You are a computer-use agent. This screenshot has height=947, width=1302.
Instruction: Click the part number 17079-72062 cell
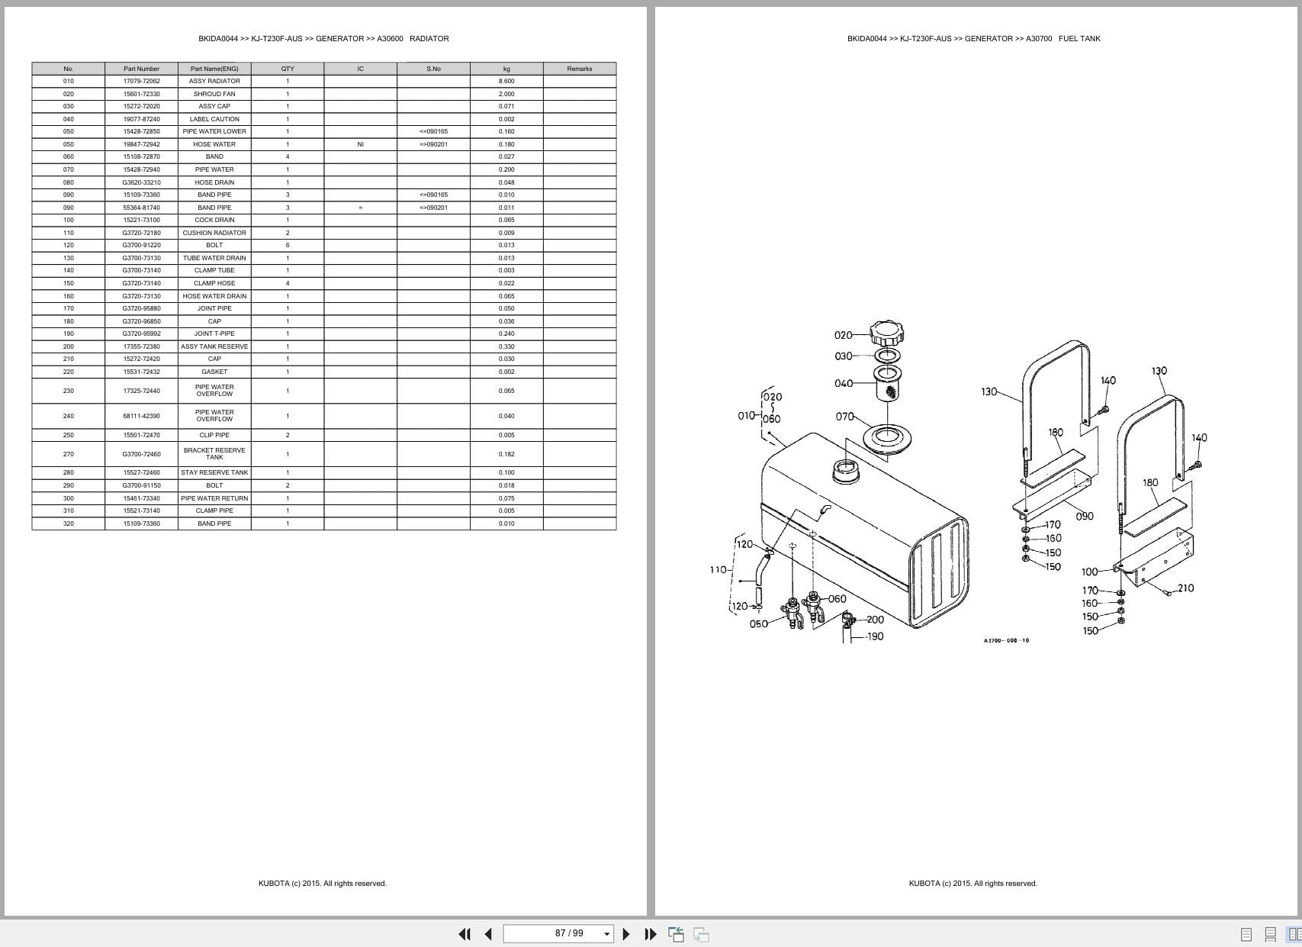141,81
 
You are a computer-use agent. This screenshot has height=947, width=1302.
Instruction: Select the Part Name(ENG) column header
214,69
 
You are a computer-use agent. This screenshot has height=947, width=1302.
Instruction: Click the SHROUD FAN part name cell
214,94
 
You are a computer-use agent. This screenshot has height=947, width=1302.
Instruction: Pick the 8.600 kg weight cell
506,81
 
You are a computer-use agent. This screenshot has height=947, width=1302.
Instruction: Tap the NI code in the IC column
360,144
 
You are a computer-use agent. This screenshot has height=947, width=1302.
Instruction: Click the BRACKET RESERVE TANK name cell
214,454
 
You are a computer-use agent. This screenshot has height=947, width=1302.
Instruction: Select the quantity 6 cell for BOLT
288,245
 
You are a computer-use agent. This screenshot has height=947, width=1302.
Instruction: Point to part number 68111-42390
141,416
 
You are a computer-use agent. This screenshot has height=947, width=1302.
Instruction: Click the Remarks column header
580,69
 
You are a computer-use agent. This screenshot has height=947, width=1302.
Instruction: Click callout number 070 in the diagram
844,417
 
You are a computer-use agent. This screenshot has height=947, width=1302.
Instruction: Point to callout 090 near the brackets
1084,517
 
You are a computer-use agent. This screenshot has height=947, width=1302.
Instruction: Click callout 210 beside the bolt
1185,588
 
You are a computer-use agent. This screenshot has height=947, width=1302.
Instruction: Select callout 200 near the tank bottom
875,620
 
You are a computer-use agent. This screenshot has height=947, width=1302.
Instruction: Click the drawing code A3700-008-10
1006,641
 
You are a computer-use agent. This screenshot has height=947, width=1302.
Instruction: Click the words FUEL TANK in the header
1079,38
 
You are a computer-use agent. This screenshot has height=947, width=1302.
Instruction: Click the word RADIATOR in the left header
429,38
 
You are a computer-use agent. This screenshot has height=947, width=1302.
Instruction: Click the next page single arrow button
626,934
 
